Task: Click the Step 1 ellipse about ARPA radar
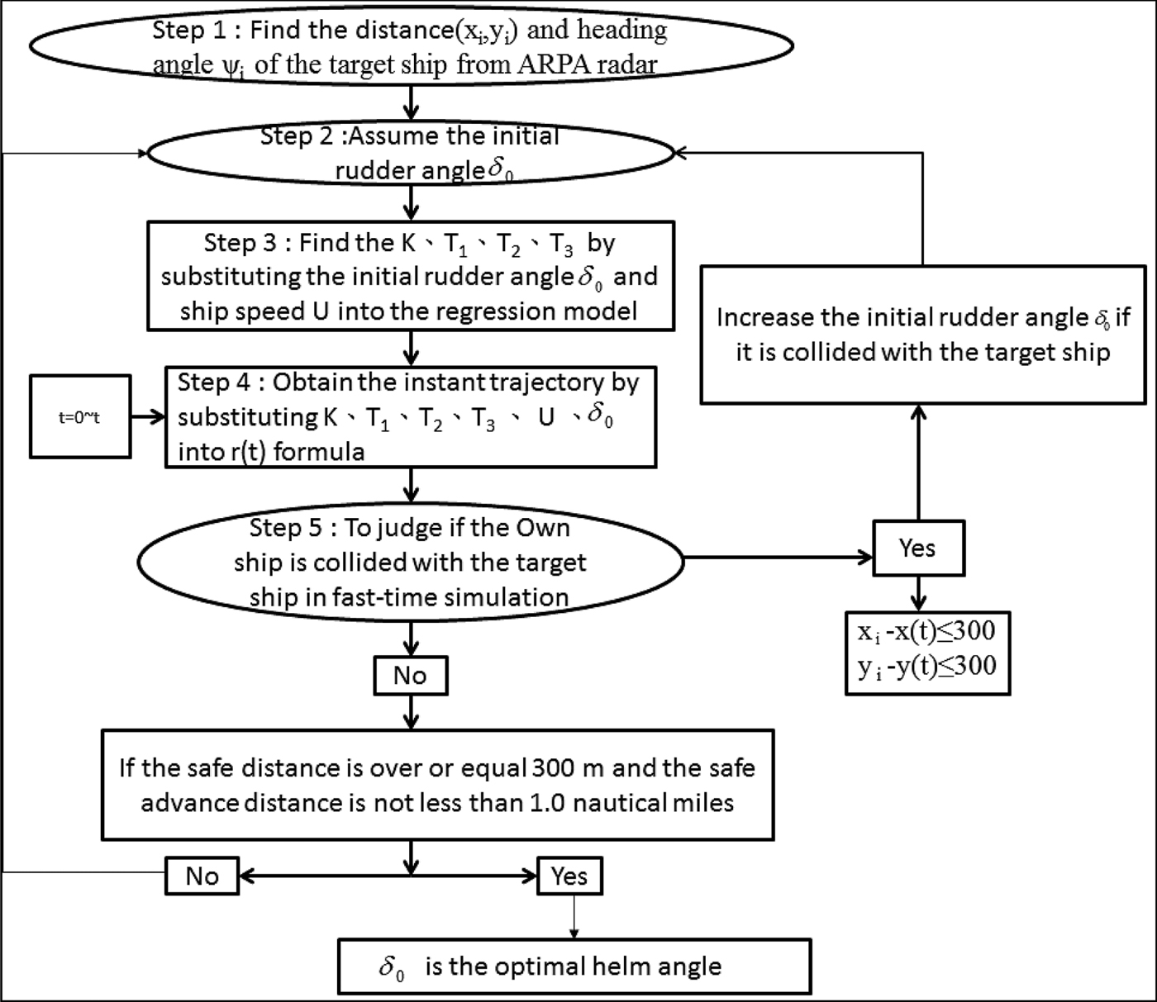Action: click(411, 48)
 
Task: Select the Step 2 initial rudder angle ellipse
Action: click(411, 154)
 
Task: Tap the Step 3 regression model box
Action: click(411, 276)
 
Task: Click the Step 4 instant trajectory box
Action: click(411, 417)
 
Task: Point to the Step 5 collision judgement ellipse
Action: click(411, 562)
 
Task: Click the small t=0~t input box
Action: click(80, 417)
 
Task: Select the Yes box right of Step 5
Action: click(917, 548)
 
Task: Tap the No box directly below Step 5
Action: click(411, 676)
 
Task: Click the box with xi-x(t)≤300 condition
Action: click(926, 652)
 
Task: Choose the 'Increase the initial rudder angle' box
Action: click(922, 335)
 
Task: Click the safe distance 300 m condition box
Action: click(437, 785)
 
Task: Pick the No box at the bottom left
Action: click(202, 876)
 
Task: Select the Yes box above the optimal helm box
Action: click(569, 876)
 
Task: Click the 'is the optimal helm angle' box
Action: click(574, 966)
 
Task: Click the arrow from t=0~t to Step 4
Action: click(148, 417)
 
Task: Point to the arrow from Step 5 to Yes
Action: click(777, 558)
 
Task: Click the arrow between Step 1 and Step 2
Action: click(411, 102)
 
